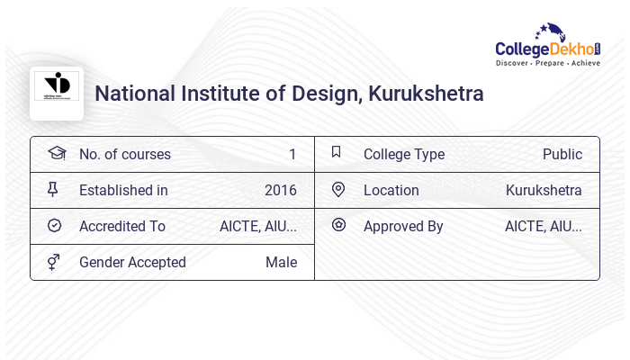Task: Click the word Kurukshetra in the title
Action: tap(426, 94)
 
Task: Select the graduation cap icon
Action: tap(57, 153)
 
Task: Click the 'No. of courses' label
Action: tap(124, 154)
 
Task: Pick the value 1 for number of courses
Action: tap(292, 154)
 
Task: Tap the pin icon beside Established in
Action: tap(53, 189)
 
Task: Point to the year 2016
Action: tap(280, 190)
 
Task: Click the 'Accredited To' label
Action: tap(122, 226)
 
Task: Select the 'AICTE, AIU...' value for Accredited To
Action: tap(258, 226)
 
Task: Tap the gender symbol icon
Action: tap(54, 262)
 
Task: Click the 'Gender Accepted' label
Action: tap(132, 262)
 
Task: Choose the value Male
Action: tap(281, 262)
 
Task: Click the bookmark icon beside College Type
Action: tap(337, 152)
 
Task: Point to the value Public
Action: tap(562, 154)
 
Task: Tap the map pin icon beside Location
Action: tap(338, 189)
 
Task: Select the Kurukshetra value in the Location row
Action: tap(544, 190)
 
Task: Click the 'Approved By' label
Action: tap(403, 226)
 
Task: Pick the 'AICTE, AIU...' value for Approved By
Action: tap(544, 226)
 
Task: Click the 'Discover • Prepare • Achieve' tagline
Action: tap(547, 63)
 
